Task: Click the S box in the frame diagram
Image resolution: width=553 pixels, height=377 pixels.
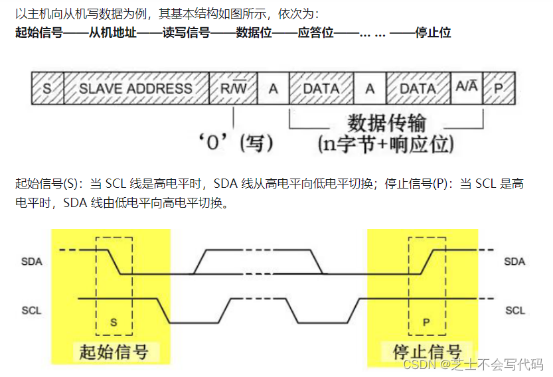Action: [x=47, y=88]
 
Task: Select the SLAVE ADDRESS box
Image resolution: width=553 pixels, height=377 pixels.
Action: [x=135, y=88]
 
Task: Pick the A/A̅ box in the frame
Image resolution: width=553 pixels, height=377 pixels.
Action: [x=467, y=88]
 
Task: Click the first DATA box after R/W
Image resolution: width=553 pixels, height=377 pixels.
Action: [x=321, y=88]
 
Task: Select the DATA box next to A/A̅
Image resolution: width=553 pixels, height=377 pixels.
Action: [x=418, y=88]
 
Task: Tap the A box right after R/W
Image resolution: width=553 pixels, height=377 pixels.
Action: [x=273, y=88]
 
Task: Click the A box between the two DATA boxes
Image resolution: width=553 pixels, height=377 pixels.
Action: [x=370, y=88]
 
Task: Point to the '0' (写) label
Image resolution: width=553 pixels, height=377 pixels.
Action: [x=236, y=142]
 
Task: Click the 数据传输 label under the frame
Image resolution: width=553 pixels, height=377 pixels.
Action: [x=386, y=123]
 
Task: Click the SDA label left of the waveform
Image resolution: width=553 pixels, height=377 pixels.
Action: [x=31, y=261]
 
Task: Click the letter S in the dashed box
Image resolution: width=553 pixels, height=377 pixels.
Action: [x=114, y=323]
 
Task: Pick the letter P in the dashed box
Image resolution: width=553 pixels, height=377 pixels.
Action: [x=426, y=323]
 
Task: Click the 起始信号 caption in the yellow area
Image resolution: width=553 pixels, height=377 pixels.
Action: [x=114, y=351]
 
